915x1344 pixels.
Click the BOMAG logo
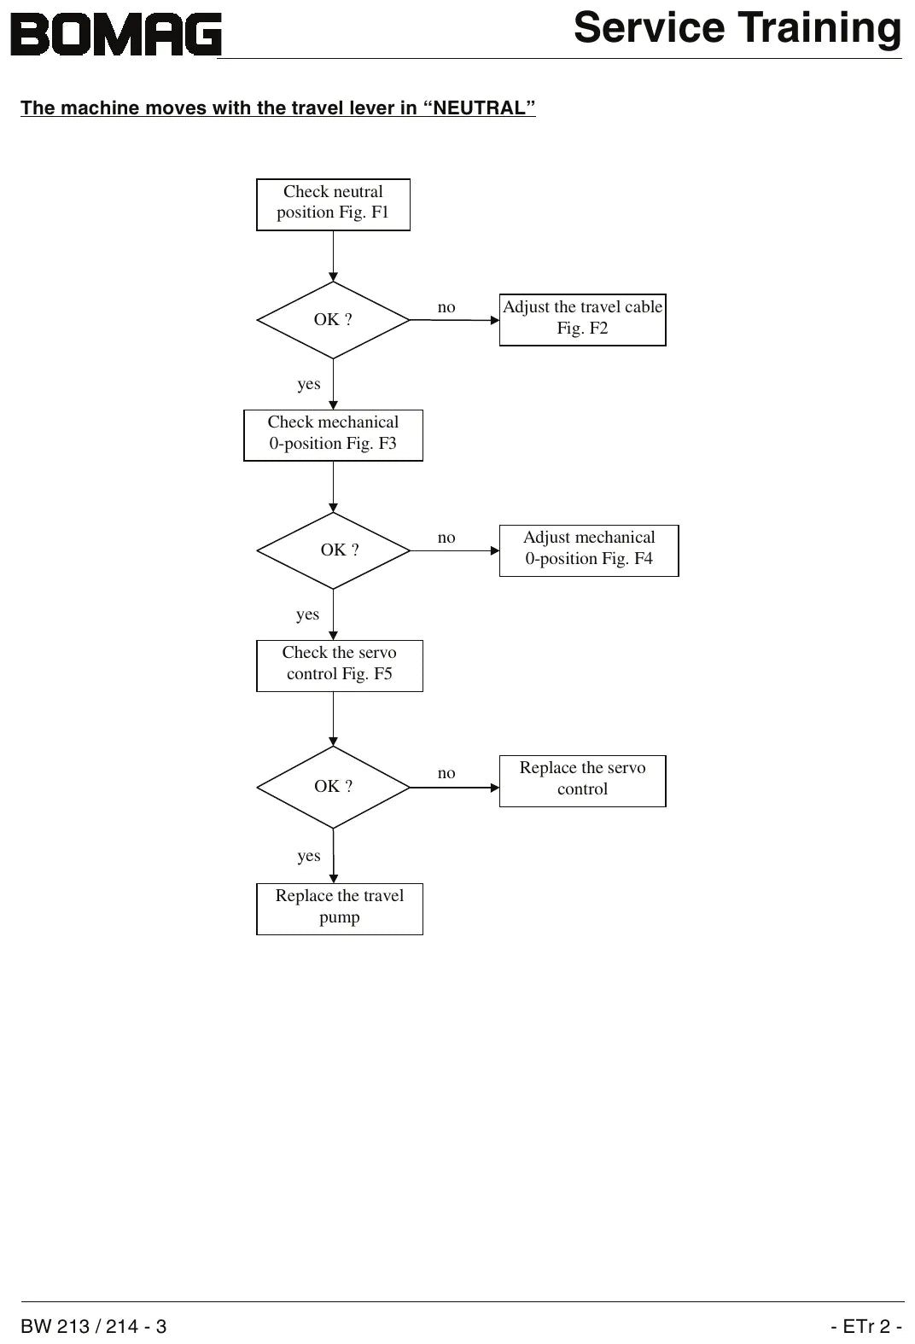(116, 34)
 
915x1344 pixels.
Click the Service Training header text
(737, 28)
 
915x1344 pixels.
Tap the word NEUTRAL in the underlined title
(479, 108)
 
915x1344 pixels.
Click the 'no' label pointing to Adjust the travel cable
(446, 307)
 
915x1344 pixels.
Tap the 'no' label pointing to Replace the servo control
(446, 773)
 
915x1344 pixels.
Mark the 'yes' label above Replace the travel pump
(309, 856)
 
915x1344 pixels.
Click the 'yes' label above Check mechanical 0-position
(309, 384)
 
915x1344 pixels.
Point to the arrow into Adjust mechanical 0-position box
(455, 550)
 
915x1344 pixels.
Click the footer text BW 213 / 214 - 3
(94, 1326)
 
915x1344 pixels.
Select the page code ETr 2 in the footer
(866, 1326)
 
